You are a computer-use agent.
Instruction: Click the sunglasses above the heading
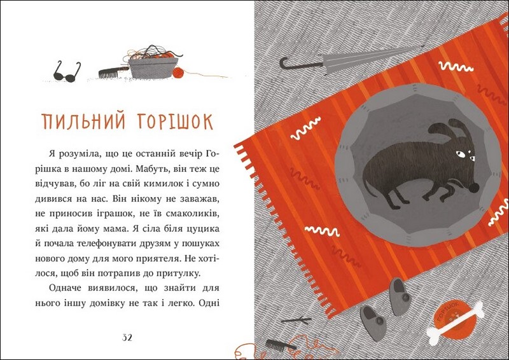tap(67, 72)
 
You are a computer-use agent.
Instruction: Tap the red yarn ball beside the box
tap(178, 73)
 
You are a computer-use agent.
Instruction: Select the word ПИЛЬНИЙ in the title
tap(83, 121)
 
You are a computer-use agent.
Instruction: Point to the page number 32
tap(127, 338)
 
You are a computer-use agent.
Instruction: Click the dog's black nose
tap(473, 188)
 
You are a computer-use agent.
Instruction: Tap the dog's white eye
tap(460, 154)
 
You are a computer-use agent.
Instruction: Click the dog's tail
tap(370, 189)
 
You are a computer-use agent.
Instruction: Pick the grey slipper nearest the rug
tap(401, 296)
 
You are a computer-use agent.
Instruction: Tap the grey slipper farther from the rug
tap(373, 322)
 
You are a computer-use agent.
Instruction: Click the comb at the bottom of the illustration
tap(281, 345)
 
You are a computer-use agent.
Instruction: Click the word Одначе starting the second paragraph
tap(65, 288)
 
